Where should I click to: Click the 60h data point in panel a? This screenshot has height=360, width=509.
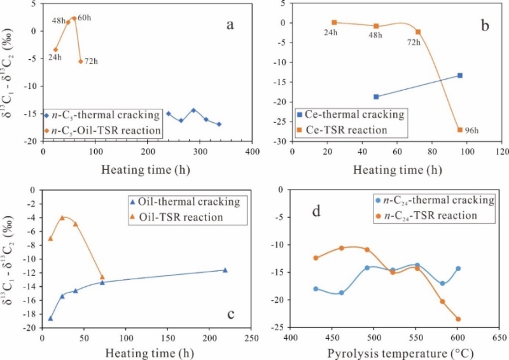(74, 18)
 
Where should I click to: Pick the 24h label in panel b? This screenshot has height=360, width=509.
(330, 34)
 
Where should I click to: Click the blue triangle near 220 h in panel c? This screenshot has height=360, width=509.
(225, 270)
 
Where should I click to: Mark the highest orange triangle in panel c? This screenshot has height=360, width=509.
(62, 218)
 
